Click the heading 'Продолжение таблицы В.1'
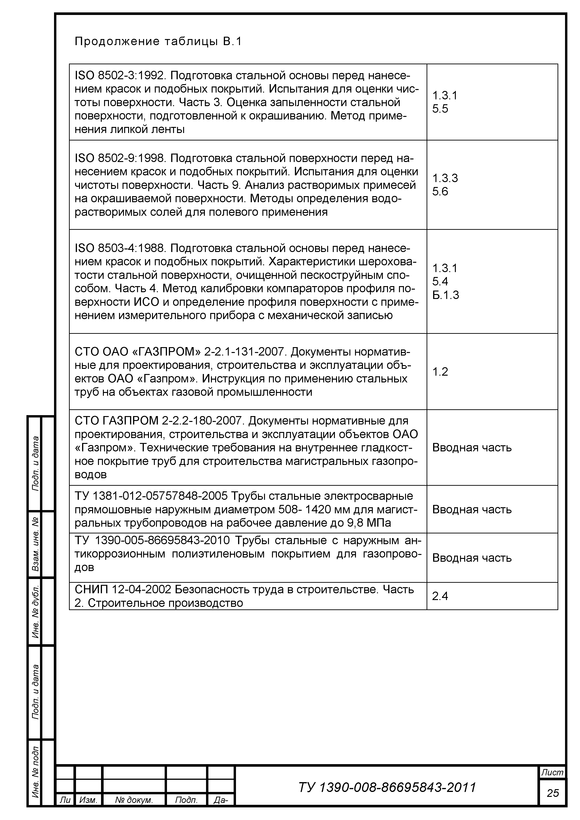coord(158,42)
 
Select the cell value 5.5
coord(440,108)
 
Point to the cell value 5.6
coord(440,191)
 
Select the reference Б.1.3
coord(445,295)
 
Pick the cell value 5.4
coord(440,281)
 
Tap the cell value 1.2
coord(440,372)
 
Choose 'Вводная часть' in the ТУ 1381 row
coord(472,509)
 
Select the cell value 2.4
coord(440,596)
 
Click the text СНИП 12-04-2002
coord(123,589)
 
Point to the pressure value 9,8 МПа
coord(369,523)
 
